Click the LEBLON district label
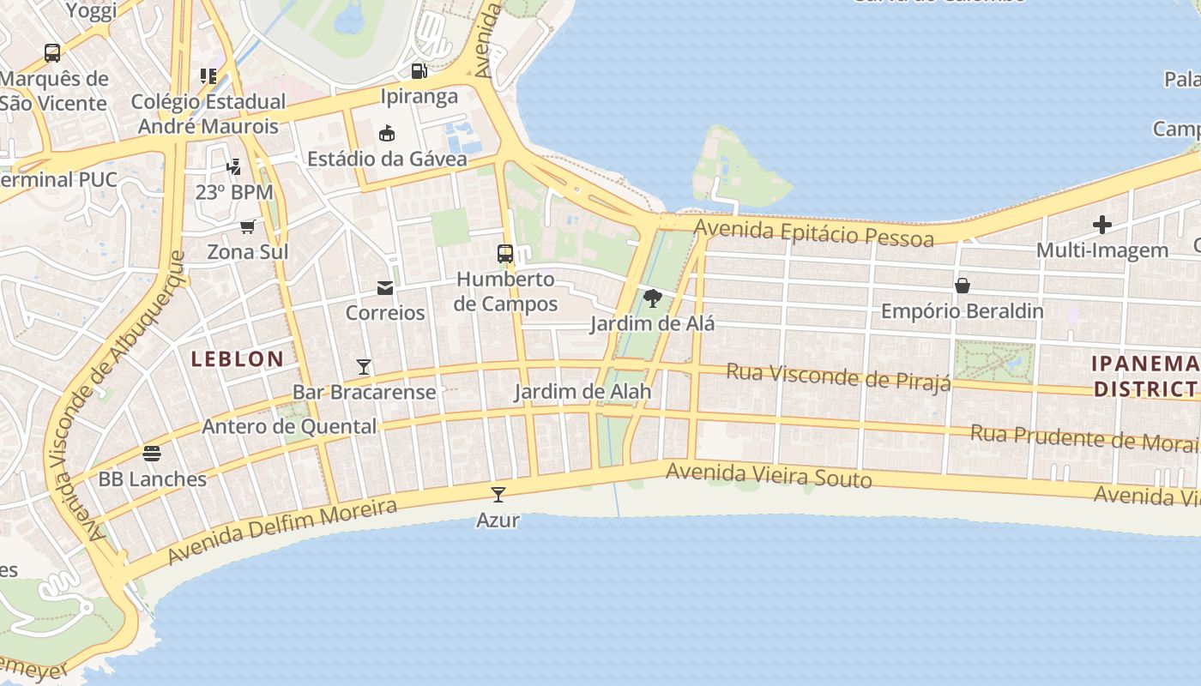(x=237, y=359)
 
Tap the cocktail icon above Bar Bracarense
(x=364, y=367)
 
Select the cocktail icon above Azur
(x=498, y=495)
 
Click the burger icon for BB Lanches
(x=152, y=453)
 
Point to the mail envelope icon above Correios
(x=385, y=288)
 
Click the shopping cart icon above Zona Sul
(x=248, y=226)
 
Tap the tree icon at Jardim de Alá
(x=652, y=298)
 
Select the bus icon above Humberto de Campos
(x=505, y=254)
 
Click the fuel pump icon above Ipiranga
(x=419, y=71)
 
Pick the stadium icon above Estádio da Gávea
(x=387, y=133)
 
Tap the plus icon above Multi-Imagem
(x=1102, y=226)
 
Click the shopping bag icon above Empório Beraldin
(x=963, y=286)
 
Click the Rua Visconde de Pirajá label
(x=838, y=376)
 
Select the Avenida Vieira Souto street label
(x=769, y=475)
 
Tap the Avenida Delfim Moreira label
(x=282, y=532)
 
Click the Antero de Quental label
(x=289, y=426)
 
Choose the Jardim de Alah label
(x=582, y=392)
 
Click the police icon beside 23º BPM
(x=233, y=165)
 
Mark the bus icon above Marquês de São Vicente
(x=52, y=53)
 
